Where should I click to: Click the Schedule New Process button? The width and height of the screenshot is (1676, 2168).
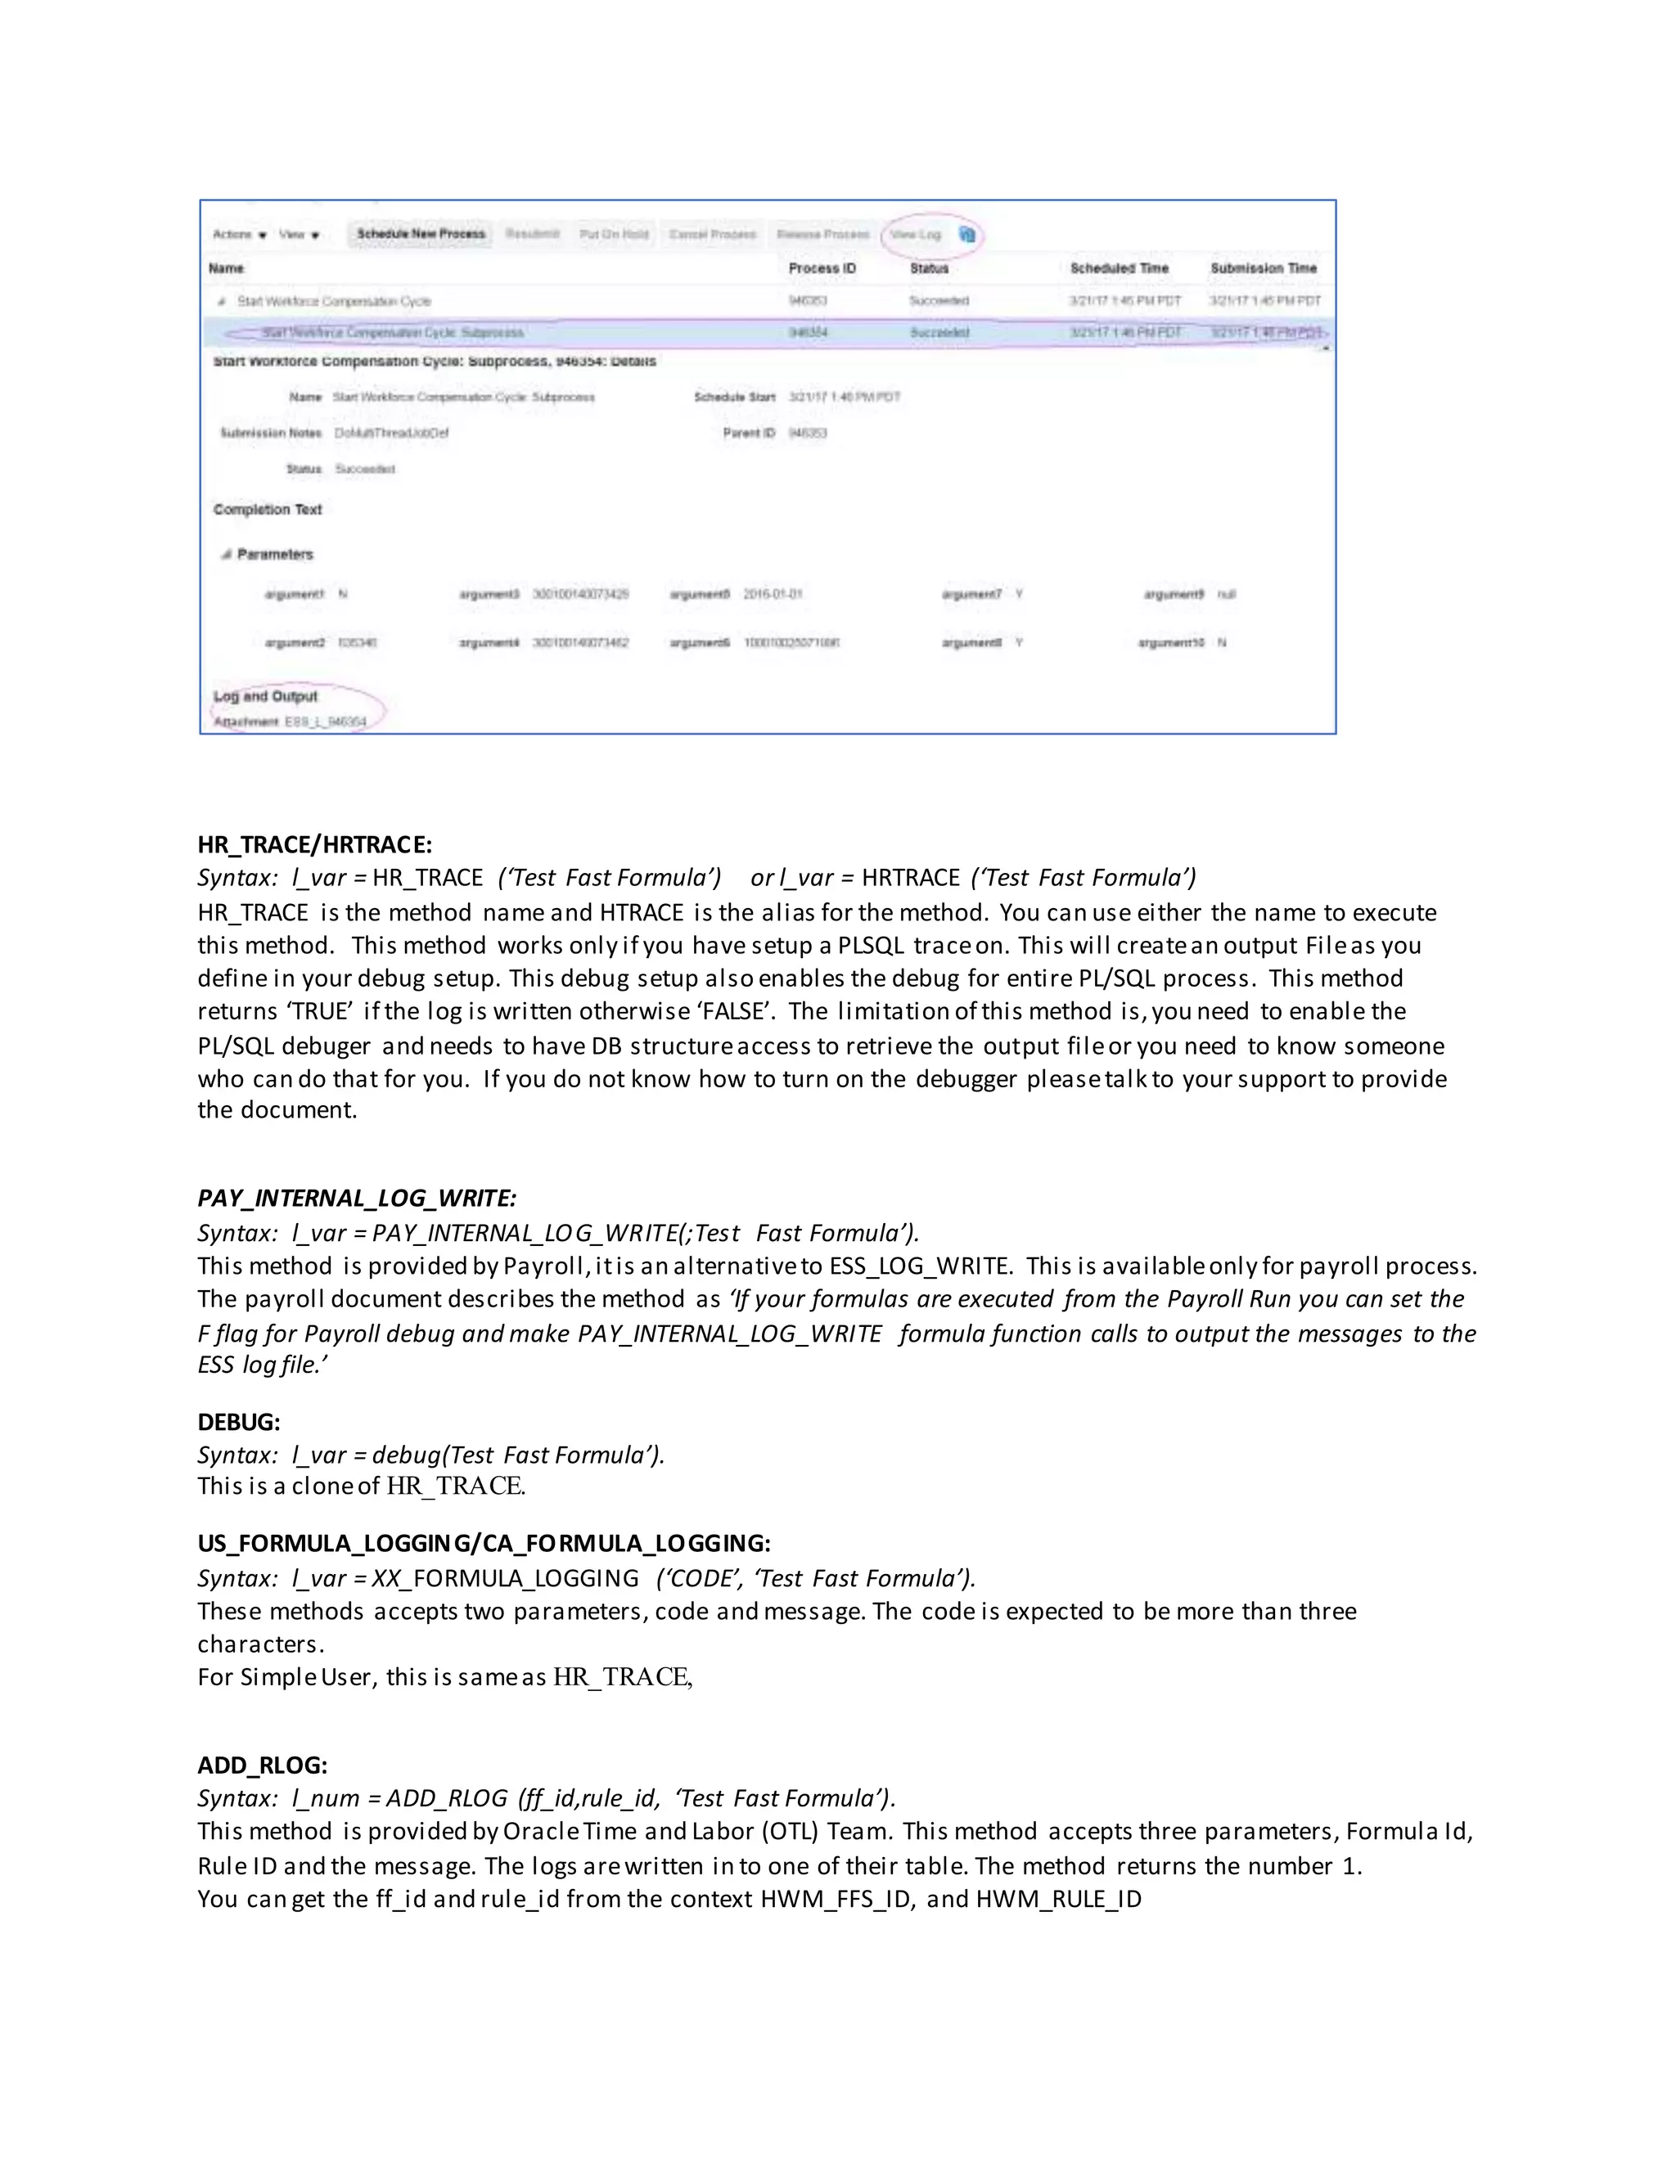coord(421,233)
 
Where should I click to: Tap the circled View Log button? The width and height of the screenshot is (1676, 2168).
coord(914,234)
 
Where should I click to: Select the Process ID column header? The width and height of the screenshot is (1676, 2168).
coord(821,268)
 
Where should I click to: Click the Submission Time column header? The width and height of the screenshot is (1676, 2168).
coord(1263,268)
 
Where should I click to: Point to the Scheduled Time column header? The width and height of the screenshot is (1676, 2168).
coord(1119,268)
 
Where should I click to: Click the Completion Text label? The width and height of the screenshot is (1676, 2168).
coord(267,509)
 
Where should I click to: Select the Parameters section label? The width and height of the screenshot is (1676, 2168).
coord(274,554)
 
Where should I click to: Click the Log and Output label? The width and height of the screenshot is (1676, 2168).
coord(265,696)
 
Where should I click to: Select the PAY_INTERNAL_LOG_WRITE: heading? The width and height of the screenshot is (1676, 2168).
coord(357,1199)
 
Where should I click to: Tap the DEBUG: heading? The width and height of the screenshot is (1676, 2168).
coord(238,1422)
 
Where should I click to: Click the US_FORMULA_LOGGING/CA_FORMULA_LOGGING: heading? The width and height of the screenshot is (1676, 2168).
coord(484,1543)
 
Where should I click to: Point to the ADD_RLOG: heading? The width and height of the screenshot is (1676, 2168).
coord(262,1765)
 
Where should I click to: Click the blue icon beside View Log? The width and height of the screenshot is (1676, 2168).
coord(967,234)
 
